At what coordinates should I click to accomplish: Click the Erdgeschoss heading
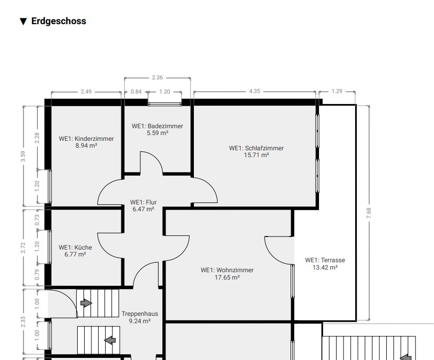(x=59, y=21)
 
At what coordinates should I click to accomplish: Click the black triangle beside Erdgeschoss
(x=23, y=22)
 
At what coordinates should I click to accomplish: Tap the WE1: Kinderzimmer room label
(x=86, y=138)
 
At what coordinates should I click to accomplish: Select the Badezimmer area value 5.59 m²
(x=158, y=133)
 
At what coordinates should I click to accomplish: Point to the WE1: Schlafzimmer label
(x=256, y=148)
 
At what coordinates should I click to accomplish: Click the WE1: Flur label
(x=143, y=202)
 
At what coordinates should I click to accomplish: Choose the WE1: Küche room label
(x=75, y=248)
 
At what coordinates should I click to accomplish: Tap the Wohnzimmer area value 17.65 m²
(x=227, y=277)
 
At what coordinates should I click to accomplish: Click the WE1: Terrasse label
(x=325, y=260)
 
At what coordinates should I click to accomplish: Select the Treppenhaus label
(x=140, y=314)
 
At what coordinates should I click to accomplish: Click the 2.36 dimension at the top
(x=158, y=78)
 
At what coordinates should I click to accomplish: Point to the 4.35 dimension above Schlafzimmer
(x=255, y=91)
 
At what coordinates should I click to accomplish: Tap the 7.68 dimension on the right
(x=369, y=213)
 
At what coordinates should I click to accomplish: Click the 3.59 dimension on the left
(x=23, y=156)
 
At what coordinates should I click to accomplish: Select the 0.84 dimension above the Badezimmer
(x=136, y=91)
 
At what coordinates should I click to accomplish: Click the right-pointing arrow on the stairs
(x=86, y=303)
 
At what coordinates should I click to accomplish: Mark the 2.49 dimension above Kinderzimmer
(x=86, y=91)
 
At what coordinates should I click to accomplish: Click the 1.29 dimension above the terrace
(x=337, y=91)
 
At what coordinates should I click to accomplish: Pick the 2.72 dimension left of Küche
(x=23, y=248)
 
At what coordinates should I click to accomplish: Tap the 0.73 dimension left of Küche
(x=37, y=220)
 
